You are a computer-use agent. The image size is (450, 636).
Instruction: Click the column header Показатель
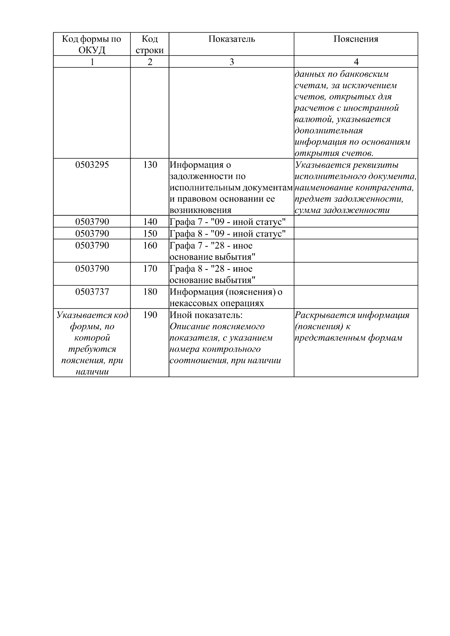tap(231, 39)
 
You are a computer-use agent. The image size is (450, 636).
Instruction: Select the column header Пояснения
tap(355, 39)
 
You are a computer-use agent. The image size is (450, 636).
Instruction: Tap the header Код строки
tap(150, 45)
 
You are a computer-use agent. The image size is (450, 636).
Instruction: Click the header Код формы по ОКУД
tap(92, 45)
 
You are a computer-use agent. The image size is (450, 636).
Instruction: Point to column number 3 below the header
tap(231, 62)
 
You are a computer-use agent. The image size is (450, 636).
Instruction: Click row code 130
tap(150, 165)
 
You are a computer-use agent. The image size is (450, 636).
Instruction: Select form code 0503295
tap(92, 165)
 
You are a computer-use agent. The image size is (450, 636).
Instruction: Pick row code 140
tap(150, 222)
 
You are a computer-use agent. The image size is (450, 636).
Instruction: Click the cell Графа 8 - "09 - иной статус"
tap(228, 234)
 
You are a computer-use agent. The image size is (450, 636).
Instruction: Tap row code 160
tap(150, 246)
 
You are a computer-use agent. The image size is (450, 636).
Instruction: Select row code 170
tap(150, 269)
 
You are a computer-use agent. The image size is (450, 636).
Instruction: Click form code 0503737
tap(92, 292)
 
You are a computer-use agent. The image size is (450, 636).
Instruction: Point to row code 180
tap(150, 292)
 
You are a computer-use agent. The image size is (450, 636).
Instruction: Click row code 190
tap(150, 315)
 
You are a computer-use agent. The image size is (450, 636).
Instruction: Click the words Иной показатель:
tap(206, 315)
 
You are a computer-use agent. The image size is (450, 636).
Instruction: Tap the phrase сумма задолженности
tap(342, 210)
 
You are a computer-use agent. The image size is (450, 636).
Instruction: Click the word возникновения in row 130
tap(200, 210)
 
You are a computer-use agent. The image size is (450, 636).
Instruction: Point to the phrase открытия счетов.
tap(334, 153)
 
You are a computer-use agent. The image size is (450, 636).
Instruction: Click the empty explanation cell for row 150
tap(355, 233)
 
